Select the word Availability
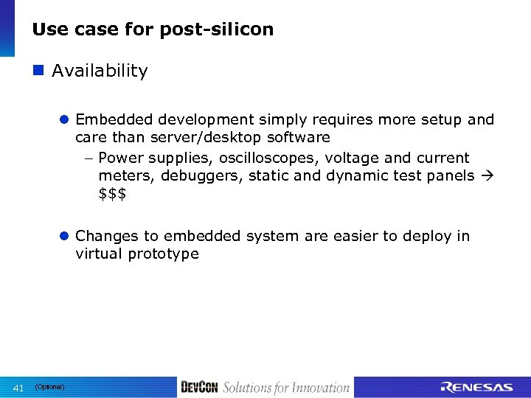100,71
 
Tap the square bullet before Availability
39,71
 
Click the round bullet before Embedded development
65,120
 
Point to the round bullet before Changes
65,237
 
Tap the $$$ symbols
112,193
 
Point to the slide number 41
20,388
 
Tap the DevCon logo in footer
199,388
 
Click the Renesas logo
476,388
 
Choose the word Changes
105,237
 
